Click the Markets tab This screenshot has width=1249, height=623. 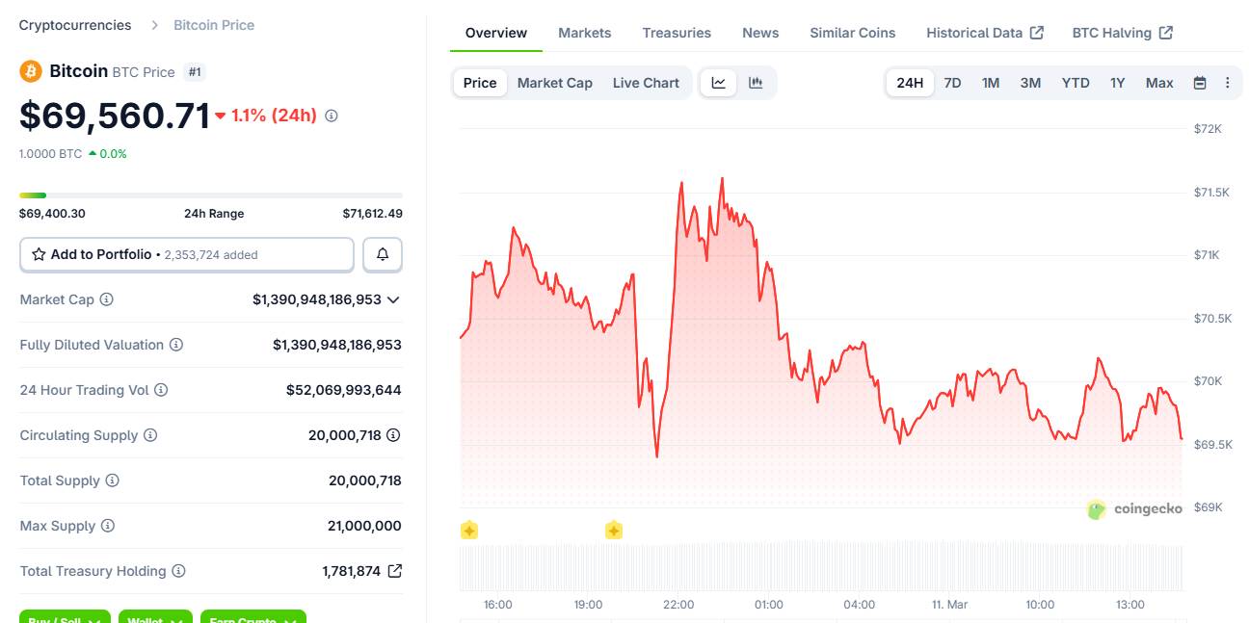tap(584, 33)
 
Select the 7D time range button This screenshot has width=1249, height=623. tap(952, 83)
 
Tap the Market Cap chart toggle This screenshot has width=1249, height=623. tap(554, 83)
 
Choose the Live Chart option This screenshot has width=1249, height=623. tap(646, 83)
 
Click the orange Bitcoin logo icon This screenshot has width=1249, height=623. tap(31, 71)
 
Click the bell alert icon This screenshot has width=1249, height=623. tap(383, 254)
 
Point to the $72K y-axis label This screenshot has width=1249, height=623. tap(1208, 129)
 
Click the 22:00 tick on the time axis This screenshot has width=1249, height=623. tap(678, 605)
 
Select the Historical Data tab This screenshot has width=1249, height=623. tap(984, 33)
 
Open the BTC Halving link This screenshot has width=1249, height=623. tap(1122, 33)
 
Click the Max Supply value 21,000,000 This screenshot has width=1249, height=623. tap(364, 526)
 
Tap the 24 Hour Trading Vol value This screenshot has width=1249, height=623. tap(343, 390)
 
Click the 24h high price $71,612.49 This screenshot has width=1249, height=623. tap(372, 214)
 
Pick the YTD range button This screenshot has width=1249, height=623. tap(1076, 83)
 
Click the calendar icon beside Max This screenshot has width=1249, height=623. tap(1200, 83)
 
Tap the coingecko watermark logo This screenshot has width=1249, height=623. tap(1134, 509)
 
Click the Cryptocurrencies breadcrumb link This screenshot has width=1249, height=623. tap(75, 25)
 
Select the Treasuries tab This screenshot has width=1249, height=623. tap(677, 33)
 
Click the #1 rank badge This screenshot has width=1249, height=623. tap(196, 72)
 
